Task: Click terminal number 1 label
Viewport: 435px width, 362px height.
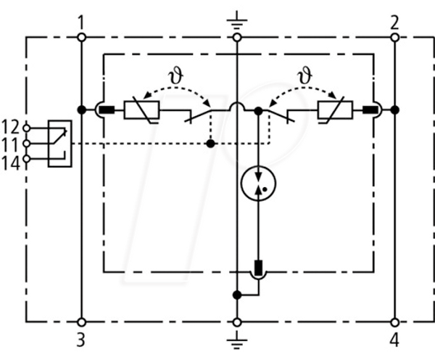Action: click(80, 22)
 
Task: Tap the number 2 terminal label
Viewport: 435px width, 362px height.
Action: click(394, 22)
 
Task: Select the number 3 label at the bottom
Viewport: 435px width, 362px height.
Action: click(80, 340)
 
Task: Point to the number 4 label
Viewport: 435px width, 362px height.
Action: click(394, 340)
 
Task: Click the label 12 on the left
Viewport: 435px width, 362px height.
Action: click(11, 127)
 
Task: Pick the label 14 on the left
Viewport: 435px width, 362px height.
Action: click(11, 163)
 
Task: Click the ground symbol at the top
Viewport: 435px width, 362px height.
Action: click(236, 20)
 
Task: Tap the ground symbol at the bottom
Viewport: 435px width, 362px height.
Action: click(236, 340)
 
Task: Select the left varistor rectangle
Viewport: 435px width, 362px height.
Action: click(141, 110)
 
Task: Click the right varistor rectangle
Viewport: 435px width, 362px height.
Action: click(335, 110)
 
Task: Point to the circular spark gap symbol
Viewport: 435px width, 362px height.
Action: click(258, 184)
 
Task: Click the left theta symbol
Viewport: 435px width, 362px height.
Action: click(176, 76)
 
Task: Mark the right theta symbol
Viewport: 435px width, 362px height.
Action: click(304, 75)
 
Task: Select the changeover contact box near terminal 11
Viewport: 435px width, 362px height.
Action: click(60, 144)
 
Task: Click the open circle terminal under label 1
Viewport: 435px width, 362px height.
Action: click(81, 37)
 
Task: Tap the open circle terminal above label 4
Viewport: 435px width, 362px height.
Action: click(394, 322)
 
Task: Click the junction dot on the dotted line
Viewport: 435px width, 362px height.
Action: click(211, 144)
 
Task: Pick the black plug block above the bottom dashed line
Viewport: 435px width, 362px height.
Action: click(258, 268)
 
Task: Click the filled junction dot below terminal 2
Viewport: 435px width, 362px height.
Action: click(394, 110)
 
